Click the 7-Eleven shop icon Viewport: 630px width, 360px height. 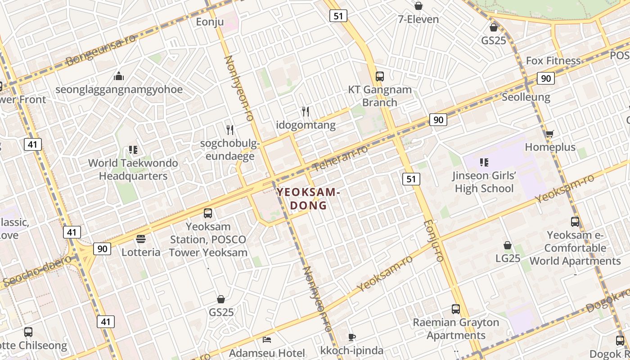(418, 6)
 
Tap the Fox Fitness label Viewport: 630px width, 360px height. (553, 61)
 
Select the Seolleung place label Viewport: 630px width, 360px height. (526, 97)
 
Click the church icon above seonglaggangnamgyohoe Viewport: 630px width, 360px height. (119, 76)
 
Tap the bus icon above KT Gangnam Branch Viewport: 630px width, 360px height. (380, 76)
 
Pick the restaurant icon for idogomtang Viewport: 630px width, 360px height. (306, 111)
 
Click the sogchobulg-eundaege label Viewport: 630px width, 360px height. (230, 150)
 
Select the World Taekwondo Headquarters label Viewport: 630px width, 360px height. (133, 169)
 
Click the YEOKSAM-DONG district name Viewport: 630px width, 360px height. (308, 199)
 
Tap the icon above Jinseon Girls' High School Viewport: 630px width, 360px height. (484, 162)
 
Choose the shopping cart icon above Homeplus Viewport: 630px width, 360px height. (549, 134)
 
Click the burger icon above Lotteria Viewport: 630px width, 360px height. (141, 238)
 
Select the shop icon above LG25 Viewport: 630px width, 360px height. (508, 245)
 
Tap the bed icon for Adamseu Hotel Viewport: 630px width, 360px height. (267, 339)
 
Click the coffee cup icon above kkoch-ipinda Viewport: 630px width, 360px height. (352, 337)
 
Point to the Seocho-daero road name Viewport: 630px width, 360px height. (36, 271)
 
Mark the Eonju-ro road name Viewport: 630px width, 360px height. (434, 241)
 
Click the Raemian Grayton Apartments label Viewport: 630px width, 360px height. (456, 329)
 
